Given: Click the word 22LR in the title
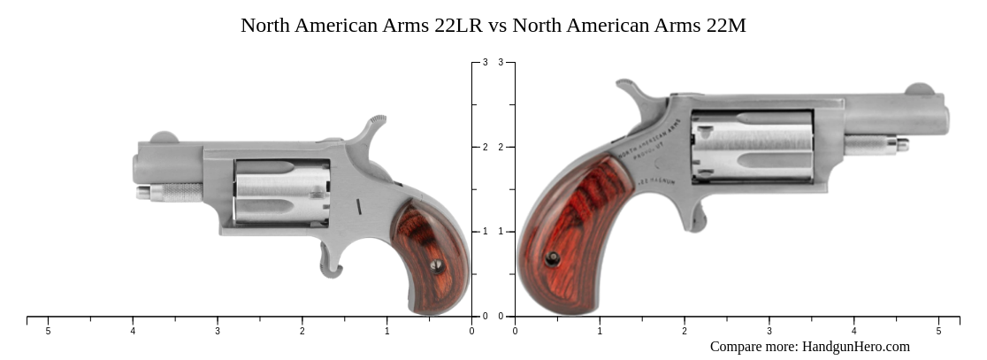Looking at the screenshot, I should tap(457, 26).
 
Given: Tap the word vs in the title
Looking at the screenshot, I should tap(497, 26).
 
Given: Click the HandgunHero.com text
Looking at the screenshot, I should tap(855, 347).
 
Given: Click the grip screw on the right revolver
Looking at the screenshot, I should tap(553, 258).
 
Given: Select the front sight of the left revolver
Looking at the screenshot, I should tap(164, 137).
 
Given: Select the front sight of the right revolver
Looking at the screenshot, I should tap(919, 88).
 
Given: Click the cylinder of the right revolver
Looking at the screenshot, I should tap(752, 146).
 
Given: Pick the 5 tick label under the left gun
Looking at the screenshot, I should tap(48, 331).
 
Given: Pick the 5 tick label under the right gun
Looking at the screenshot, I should tap(938, 331).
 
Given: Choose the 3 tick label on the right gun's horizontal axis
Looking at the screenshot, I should tap(769, 331).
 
